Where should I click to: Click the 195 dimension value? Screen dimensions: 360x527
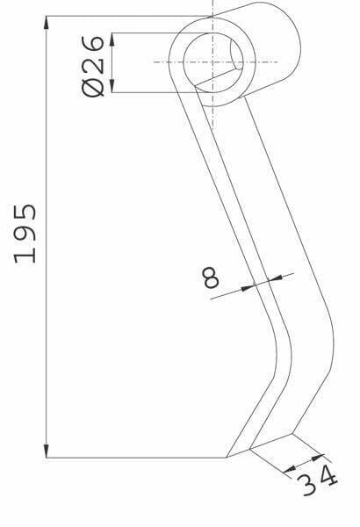pos(25,234)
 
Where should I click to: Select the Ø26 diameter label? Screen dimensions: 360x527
pos(93,66)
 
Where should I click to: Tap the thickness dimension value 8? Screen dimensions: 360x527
pos(211,278)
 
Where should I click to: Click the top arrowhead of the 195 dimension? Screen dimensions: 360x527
pos(47,22)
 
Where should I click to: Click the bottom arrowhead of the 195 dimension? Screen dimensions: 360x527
pos(47,451)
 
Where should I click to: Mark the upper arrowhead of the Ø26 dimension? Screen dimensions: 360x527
pos(112,39)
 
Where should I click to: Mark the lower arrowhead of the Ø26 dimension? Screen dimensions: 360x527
pos(112,86)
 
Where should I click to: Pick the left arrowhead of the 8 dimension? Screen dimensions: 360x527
pos(248,288)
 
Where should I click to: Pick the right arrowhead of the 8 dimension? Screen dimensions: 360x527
pos(276,278)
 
